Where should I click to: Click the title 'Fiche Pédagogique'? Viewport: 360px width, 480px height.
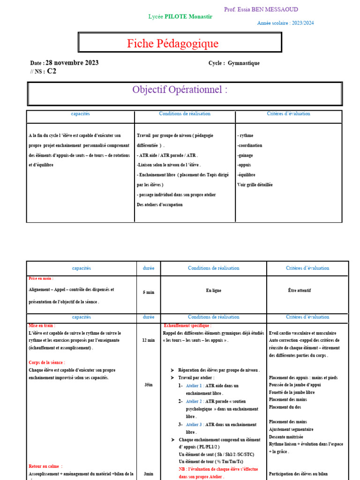tap(172, 44)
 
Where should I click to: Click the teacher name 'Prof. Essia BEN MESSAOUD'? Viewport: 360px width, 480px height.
tap(261, 9)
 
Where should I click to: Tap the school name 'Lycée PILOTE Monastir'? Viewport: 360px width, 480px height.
tap(180, 16)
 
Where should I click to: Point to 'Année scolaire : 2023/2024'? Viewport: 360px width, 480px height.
tap(286, 23)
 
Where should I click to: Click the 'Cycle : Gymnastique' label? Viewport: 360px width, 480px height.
tap(234, 63)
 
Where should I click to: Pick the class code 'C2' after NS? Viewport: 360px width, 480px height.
tap(52, 71)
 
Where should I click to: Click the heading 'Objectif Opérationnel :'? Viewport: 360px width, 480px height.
tap(180, 90)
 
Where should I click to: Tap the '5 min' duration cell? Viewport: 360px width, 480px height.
tap(148, 292)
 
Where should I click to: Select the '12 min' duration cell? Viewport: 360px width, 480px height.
tap(148, 340)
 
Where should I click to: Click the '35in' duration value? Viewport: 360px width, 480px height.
tap(148, 384)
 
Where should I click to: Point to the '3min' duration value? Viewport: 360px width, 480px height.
tap(148, 474)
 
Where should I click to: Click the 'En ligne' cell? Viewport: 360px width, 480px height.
tap(213, 291)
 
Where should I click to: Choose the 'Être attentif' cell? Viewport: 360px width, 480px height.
tap(300, 291)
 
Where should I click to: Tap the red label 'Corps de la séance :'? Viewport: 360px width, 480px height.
tap(47, 362)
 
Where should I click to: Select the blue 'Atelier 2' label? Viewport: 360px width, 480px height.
tap(195, 401)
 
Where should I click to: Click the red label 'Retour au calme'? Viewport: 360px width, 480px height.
tap(45, 466)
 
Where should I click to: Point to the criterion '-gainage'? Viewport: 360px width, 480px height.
tap(246, 155)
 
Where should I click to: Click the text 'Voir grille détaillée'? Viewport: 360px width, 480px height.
tap(255, 185)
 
